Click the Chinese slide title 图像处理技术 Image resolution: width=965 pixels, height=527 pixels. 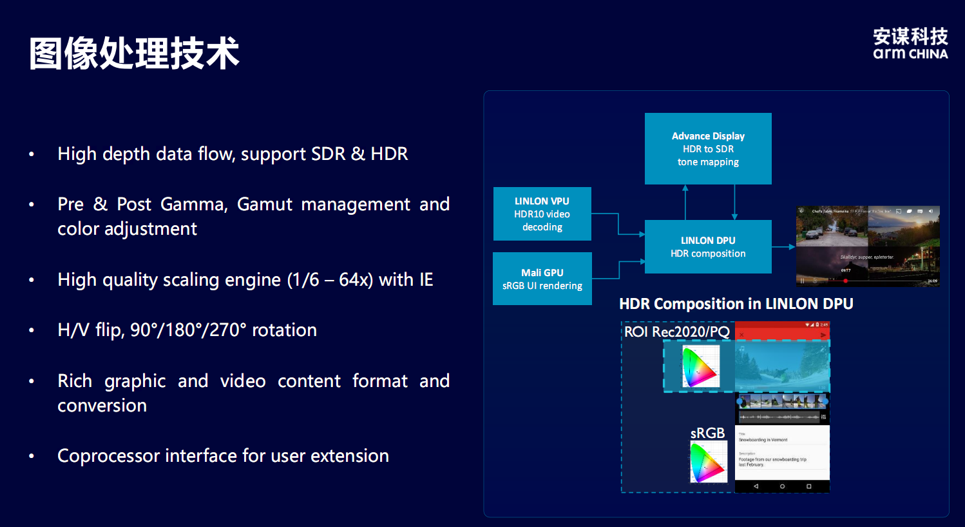coord(134,53)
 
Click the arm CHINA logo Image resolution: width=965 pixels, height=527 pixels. coord(910,44)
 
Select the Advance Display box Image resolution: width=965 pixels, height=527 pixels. coord(708,149)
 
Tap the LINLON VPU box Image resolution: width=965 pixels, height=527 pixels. coord(542,214)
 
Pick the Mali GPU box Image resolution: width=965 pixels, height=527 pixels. coord(542,279)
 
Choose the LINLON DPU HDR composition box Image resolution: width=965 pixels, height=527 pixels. coord(708,247)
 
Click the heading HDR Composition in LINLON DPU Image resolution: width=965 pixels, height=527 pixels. coord(736,304)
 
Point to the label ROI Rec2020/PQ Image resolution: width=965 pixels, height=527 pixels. coord(676,332)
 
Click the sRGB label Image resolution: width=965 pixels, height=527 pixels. coord(707,433)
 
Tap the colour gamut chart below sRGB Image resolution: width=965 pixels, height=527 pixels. coord(708,462)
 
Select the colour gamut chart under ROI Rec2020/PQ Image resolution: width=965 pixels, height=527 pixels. coord(700,366)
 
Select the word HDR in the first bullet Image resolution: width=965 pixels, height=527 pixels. coord(389,154)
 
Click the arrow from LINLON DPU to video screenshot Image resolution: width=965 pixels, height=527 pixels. coord(783,247)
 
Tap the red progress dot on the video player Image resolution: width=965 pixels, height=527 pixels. coord(846,281)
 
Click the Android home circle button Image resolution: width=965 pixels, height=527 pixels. coord(782,486)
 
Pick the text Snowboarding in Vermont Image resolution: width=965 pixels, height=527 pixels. coord(763,440)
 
